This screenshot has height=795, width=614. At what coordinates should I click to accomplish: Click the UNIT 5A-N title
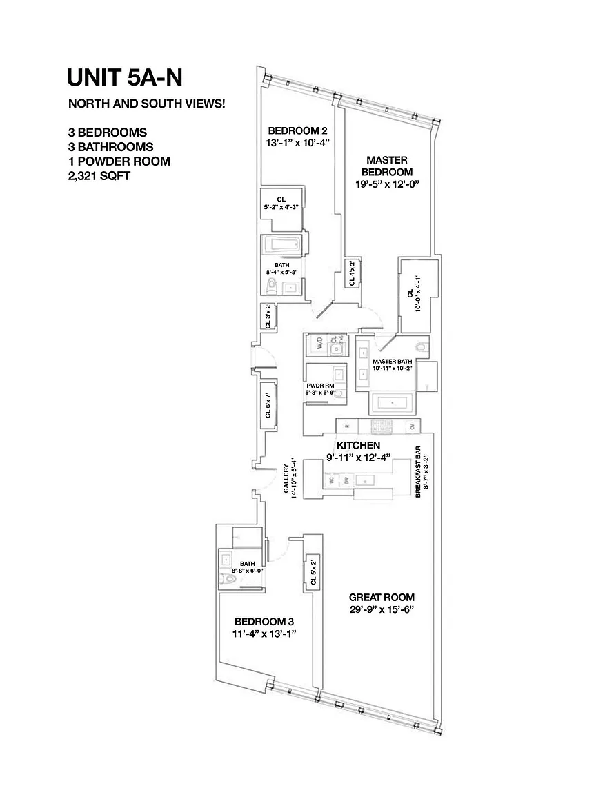coord(125,77)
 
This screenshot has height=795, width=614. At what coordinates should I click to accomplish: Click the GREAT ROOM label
coord(382,598)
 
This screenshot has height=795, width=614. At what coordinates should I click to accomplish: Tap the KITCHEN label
coord(358,446)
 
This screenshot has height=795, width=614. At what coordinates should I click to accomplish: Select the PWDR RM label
coord(320,386)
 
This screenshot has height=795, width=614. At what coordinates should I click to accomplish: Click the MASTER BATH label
coord(392,362)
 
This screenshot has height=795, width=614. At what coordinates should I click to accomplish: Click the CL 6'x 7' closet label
coord(268,408)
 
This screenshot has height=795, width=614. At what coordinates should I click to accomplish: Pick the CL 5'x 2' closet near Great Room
coord(313,571)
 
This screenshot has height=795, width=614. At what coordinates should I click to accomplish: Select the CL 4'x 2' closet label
coord(352,273)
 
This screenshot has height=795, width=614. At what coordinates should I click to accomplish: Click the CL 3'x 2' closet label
coord(268,316)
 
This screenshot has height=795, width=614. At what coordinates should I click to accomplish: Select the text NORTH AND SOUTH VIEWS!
coord(146,104)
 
